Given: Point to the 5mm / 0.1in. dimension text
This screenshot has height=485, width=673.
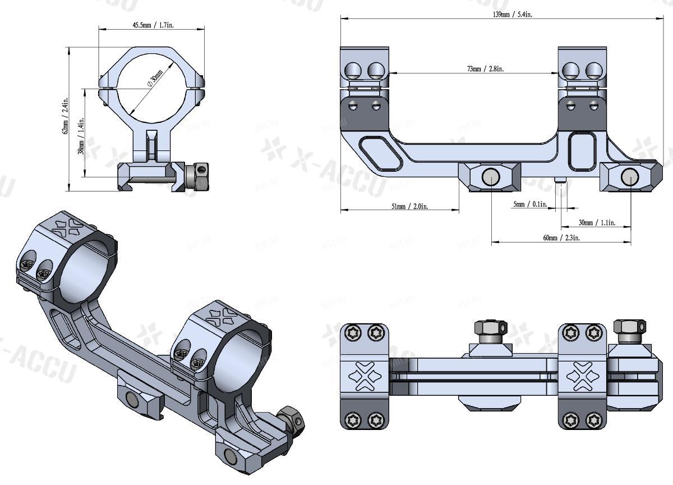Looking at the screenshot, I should [x=529, y=204].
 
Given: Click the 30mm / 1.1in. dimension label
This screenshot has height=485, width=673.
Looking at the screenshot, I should [x=597, y=223].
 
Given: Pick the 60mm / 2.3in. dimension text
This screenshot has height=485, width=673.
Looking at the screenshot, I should [x=561, y=237].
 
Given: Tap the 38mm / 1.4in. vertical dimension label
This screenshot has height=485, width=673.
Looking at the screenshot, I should [x=82, y=137].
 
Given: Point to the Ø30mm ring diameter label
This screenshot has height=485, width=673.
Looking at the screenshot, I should [x=154, y=78].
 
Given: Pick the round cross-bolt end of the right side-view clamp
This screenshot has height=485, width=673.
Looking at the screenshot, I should [x=628, y=177].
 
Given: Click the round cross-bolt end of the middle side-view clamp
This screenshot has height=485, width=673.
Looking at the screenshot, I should [x=490, y=177].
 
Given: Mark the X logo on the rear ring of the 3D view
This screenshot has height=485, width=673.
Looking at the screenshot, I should [x=65, y=226].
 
